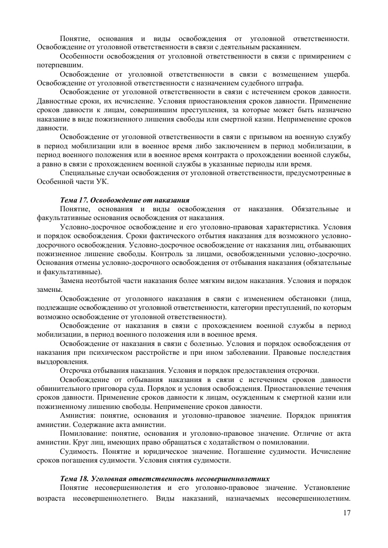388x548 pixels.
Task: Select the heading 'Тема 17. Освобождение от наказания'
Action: pyautogui.click(x=124, y=200)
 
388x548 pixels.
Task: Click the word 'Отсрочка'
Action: pyautogui.click(x=76, y=370)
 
